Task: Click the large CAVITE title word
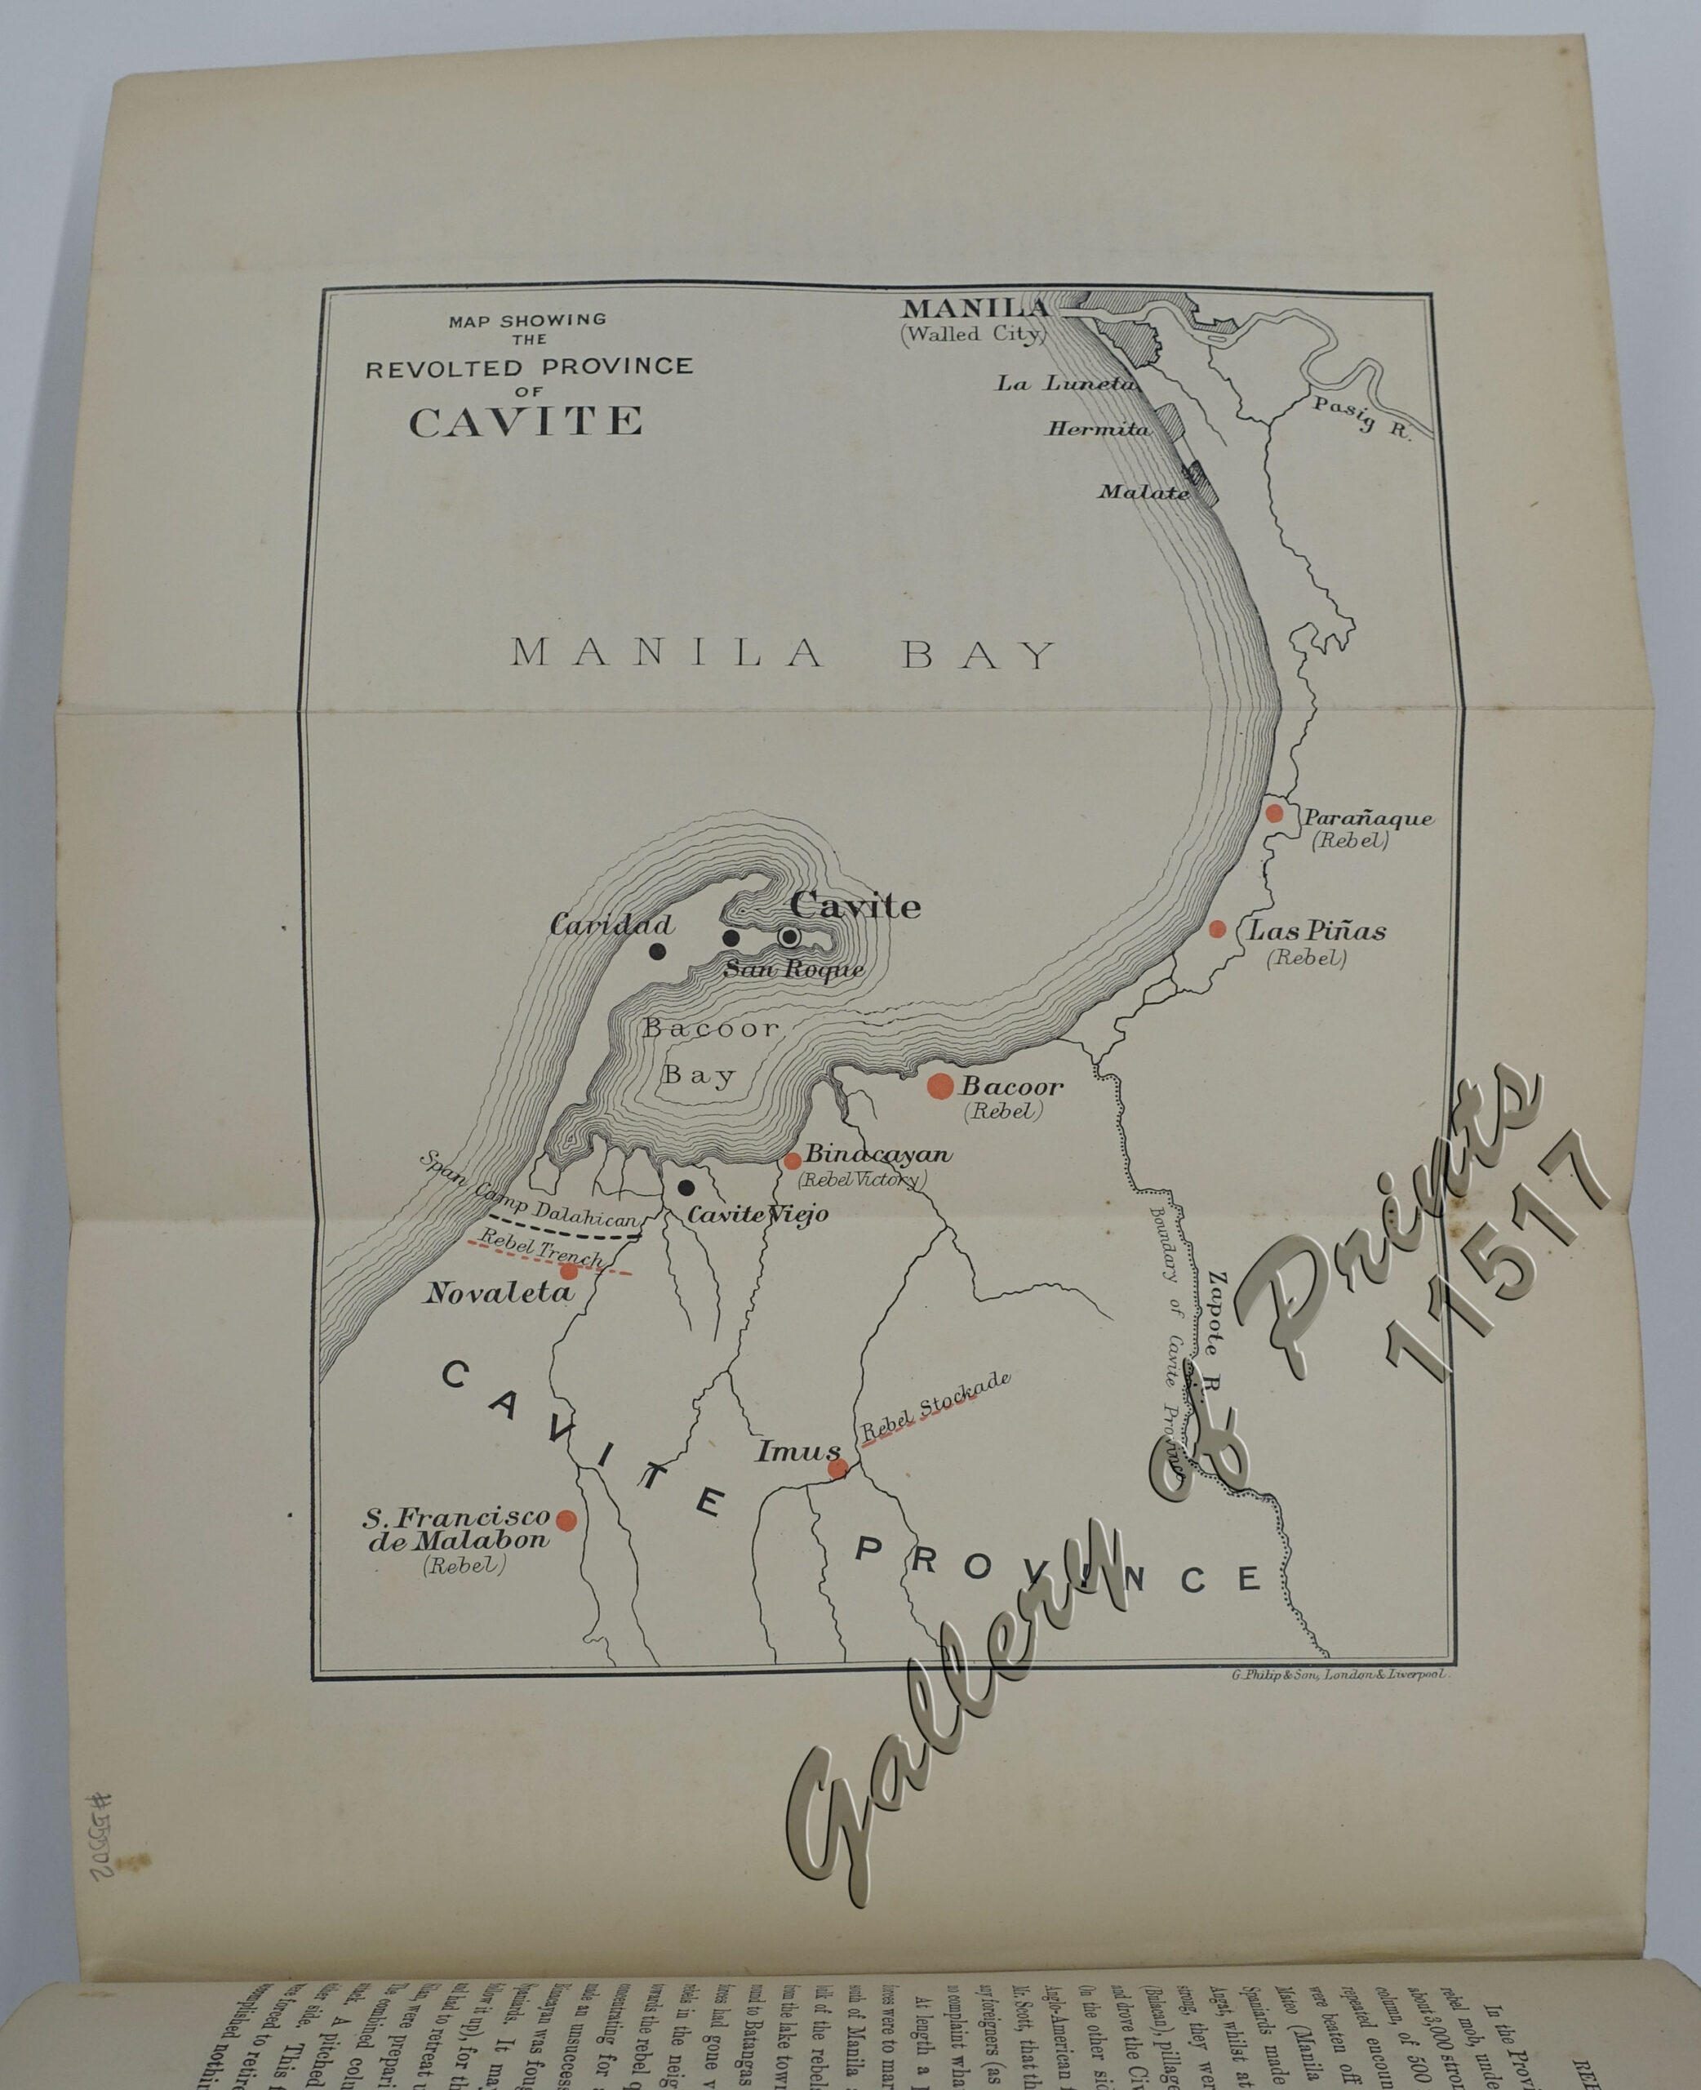(526, 422)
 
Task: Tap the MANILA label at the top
(975, 308)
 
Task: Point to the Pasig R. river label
(1362, 420)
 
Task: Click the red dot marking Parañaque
(1274, 813)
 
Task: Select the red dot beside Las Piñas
(1217, 929)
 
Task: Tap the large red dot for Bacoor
(939, 1086)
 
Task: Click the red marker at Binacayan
(793, 1161)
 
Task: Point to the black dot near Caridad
(658, 950)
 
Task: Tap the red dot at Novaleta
(568, 1272)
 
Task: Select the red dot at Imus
(837, 1468)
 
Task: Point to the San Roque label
(793, 970)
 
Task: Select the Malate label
(1144, 491)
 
